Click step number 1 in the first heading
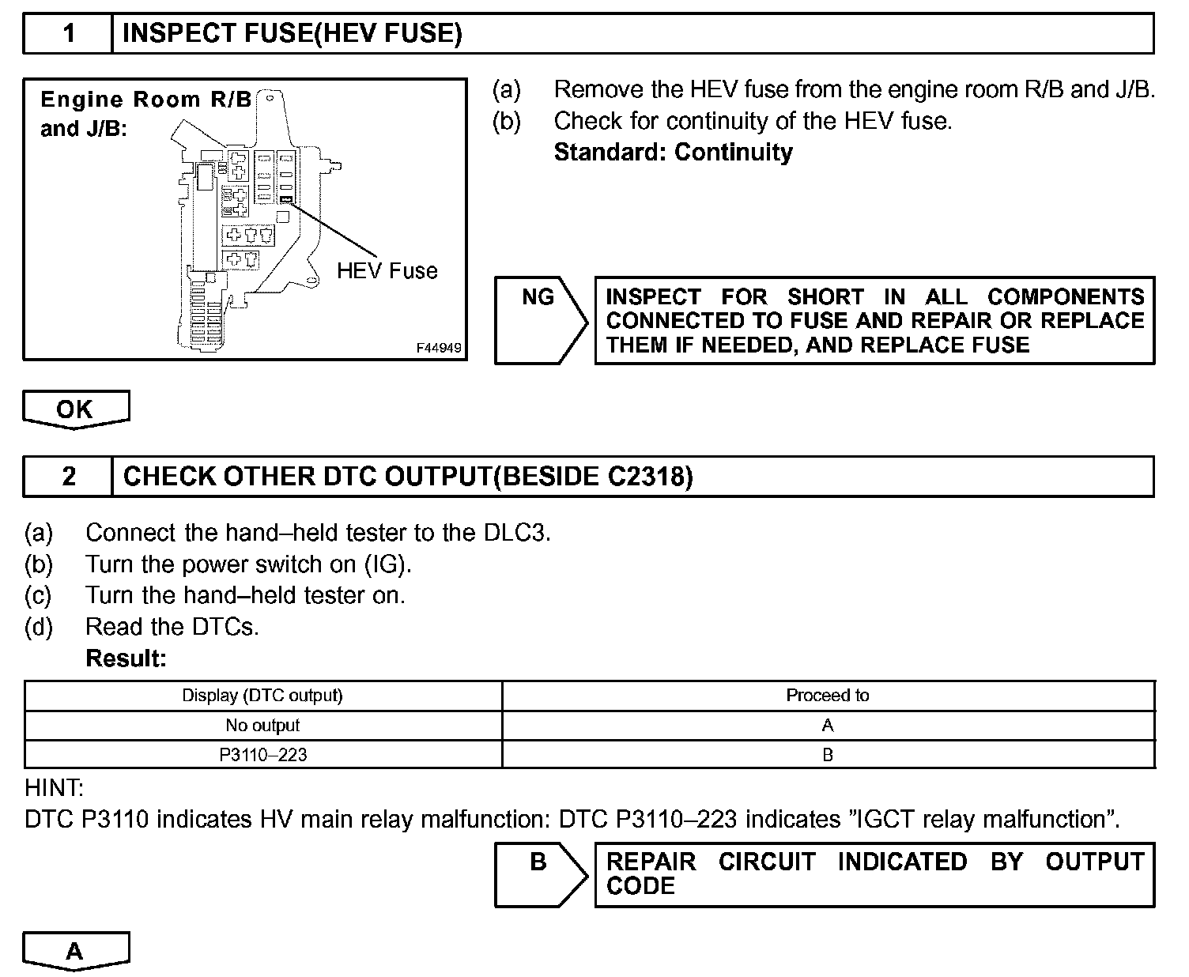(69, 33)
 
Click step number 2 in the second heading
(69, 477)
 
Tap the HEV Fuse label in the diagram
(387, 271)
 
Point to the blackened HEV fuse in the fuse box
(286, 200)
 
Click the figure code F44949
(440, 348)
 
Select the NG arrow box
(540, 319)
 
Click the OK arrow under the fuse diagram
(75, 409)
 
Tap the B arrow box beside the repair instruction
(540, 873)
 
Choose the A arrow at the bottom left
(75, 950)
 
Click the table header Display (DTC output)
(262, 696)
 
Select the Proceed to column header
(827, 696)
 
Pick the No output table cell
(262, 726)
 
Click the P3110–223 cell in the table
(262, 755)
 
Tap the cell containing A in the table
(827, 726)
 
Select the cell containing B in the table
(827, 755)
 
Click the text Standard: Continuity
(673, 152)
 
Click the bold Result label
(126, 658)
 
